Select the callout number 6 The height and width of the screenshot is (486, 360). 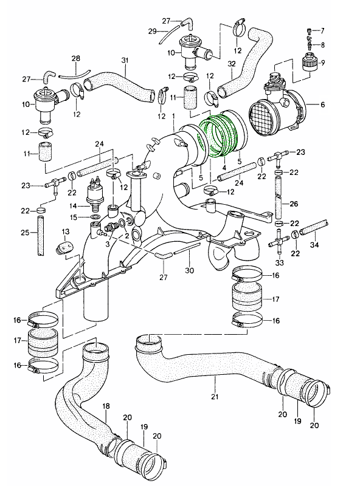tap(322, 105)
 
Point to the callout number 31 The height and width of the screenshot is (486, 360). tap(125, 60)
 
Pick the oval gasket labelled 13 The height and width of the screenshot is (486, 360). tap(64, 247)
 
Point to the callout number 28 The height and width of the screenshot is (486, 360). tap(75, 58)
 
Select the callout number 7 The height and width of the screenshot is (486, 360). tap(322, 30)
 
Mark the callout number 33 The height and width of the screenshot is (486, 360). tap(279, 263)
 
